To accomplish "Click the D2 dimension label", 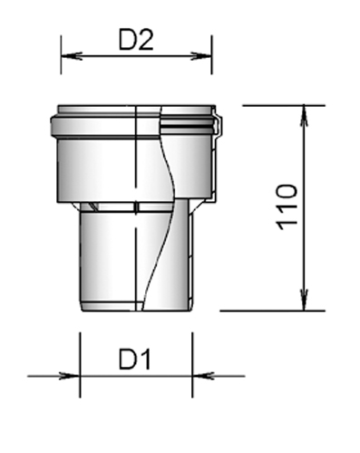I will click(136, 39).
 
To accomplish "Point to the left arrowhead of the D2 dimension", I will click(67, 56).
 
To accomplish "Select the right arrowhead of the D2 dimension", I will click(206, 56).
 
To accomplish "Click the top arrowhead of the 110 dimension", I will click(302, 111).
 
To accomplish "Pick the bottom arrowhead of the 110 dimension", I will click(302, 304).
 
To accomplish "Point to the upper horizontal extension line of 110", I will click(272, 105).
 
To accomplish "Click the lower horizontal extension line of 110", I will click(272, 311).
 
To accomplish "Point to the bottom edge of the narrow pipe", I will click(135, 311).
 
